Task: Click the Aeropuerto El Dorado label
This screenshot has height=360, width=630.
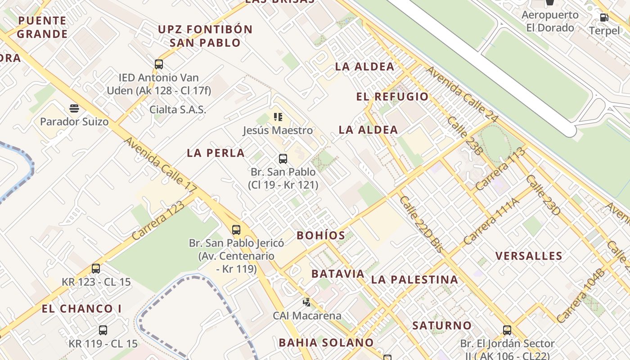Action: pos(550,21)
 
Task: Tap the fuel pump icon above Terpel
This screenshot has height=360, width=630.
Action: pos(604,18)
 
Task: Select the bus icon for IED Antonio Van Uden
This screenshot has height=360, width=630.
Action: pos(159,64)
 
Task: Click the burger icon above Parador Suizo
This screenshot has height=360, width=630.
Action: pos(74,108)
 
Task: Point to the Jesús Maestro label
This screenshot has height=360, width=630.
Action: pos(278,130)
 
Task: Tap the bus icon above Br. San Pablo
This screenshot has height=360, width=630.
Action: pos(283,158)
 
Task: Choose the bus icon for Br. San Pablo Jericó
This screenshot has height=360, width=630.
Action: pos(236,230)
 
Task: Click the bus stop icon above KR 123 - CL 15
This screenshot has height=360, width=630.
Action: pos(96,269)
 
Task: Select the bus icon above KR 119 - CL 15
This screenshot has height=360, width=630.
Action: pos(103,330)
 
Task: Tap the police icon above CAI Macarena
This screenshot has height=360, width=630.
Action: pos(307,302)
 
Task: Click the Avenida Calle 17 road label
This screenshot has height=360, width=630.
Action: pos(160,162)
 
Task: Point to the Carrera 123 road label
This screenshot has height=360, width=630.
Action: pos(158,220)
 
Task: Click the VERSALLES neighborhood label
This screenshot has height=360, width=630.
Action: pos(529,256)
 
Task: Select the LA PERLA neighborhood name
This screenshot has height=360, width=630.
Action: pos(216,153)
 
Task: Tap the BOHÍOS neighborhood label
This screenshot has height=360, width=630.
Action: pos(321,235)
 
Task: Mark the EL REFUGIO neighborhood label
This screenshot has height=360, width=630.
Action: pos(392,97)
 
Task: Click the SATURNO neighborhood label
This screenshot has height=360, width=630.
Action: pos(442,325)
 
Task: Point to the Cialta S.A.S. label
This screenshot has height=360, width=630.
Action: pos(178,109)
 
